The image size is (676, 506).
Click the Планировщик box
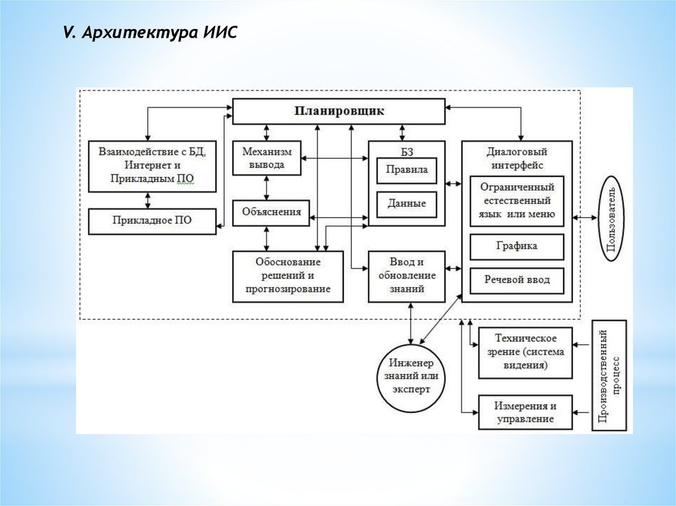click(x=339, y=111)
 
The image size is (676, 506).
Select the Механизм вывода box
click(x=267, y=158)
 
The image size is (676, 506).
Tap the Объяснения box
click(x=271, y=212)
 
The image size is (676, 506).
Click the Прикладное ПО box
click(x=152, y=221)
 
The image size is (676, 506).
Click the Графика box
click(x=516, y=246)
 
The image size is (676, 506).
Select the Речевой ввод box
click(x=516, y=280)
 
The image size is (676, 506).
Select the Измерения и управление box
click(x=525, y=412)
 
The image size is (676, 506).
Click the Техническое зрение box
click(x=525, y=353)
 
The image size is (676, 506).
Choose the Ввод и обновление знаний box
click(x=407, y=276)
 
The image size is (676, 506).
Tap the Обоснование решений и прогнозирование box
click(x=288, y=276)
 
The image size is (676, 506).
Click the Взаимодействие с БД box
click(x=152, y=166)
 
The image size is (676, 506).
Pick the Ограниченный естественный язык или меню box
click(x=516, y=201)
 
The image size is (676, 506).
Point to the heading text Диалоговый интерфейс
click(x=516, y=158)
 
